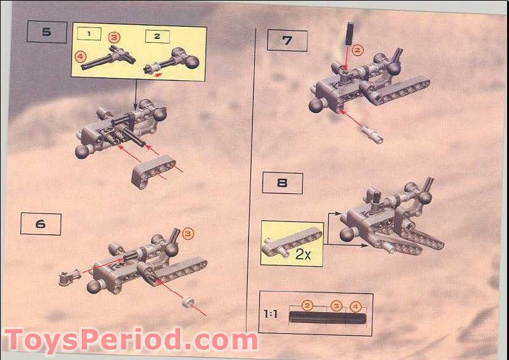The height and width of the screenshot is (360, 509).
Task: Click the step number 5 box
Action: pyautogui.click(x=47, y=32)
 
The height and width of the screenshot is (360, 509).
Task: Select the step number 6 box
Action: pyautogui.click(x=41, y=224)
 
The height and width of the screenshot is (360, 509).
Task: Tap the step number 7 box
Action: pyautogui.click(x=287, y=41)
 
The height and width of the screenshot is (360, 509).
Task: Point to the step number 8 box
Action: pyautogui.click(x=282, y=183)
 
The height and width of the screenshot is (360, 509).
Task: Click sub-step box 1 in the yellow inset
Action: pyautogui.click(x=89, y=34)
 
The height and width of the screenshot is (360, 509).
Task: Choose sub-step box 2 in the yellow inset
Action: pyautogui.click(x=158, y=36)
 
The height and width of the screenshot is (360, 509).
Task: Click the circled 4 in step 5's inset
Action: pyautogui.click(x=80, y=57)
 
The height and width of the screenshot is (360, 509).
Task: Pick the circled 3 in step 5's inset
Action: pyautogui.click(x=114, y=37)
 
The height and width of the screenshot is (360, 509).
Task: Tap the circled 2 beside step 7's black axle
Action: pyautogui.click(x=358, y=50)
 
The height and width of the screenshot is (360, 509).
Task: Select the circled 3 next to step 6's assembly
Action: pyautogui.click(x=188, y=234)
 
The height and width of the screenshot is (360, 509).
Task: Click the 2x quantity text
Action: pyautogui.click(x=303, y=255)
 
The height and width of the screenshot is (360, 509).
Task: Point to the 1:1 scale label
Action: pyautogui.click(x=271, y=314)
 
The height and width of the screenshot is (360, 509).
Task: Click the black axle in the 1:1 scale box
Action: pyautogui.click(x=328, y=317)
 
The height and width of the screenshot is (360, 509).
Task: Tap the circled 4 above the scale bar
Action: pyautogui.click(x=356, y=306)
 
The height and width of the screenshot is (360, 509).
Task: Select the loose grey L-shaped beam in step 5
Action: pyautogui.click(x=153, y=171)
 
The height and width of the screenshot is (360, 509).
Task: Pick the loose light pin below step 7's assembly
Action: pyautogui.click(x=372, y=135)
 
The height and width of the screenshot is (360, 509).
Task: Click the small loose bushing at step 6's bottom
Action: pyautogui.click(x=188, y=302)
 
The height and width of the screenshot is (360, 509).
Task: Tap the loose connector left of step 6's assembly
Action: pyautogui.click(x=70, y=277)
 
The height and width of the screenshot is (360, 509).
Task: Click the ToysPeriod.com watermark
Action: pyautogui.click(x=131, y=341)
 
